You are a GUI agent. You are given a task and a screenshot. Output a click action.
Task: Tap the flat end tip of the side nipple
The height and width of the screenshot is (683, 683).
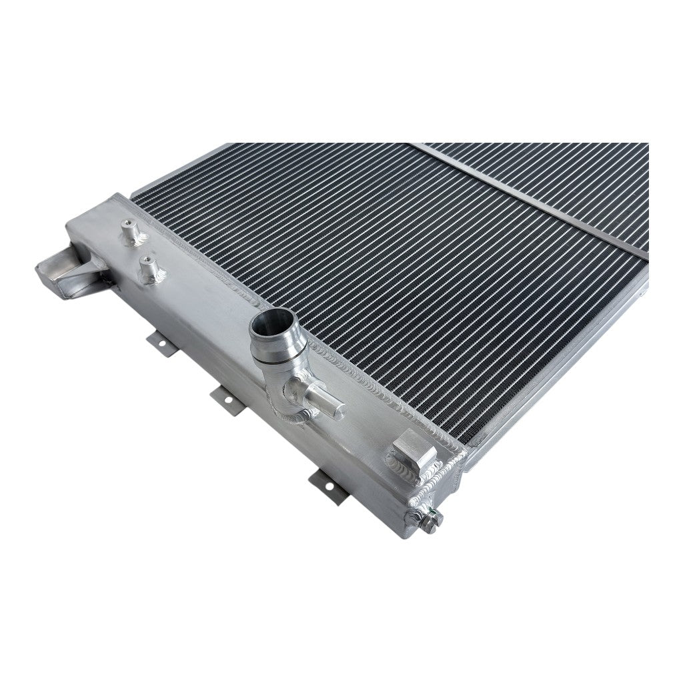[x=339, y=408]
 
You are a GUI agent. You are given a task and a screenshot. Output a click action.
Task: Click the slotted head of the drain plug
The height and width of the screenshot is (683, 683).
[x=434, y=515]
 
